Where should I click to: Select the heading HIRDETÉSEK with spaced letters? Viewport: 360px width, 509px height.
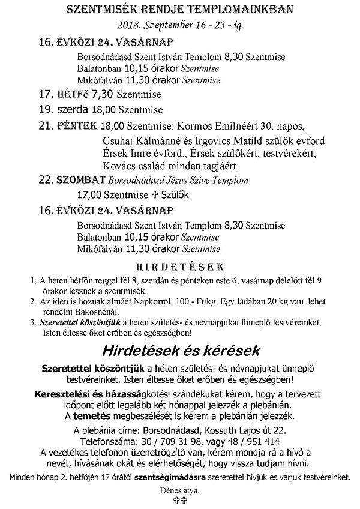click(179, 265)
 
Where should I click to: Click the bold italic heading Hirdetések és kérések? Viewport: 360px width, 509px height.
click(179, 350)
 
